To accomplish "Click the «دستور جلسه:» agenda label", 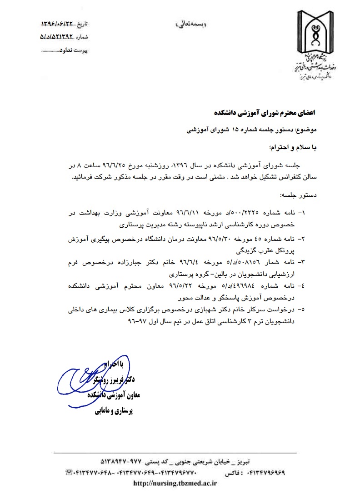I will (303, 195).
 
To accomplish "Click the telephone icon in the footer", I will (69, 473).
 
